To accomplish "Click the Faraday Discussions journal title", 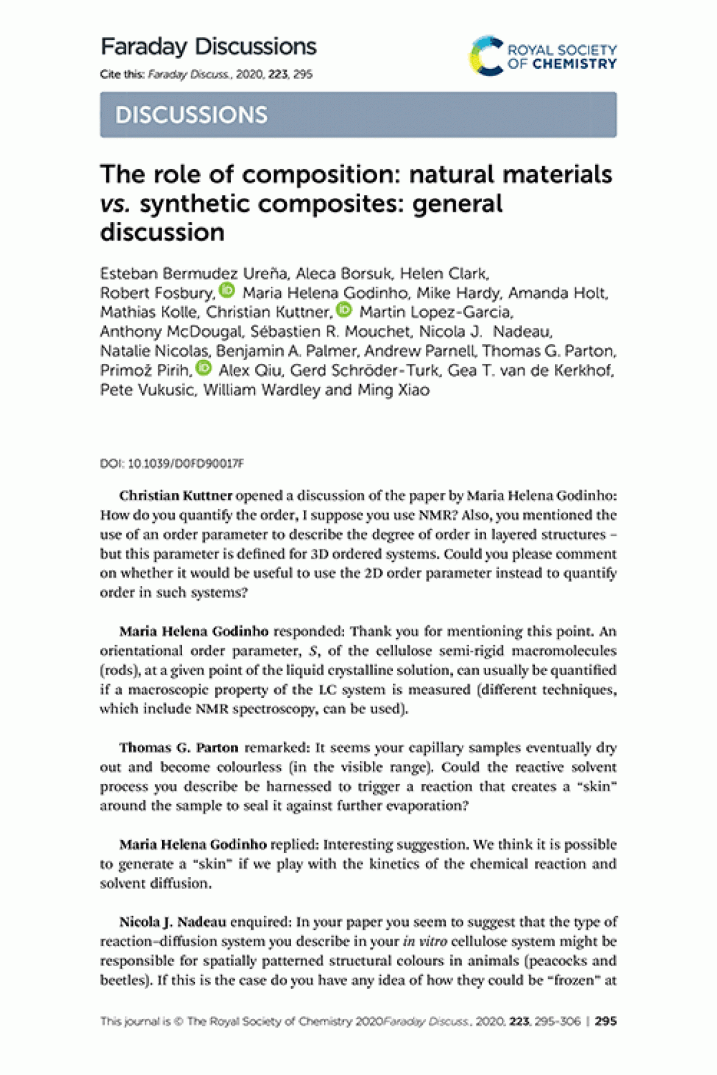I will (208, 47).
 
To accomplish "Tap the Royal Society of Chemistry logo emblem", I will (486, 56).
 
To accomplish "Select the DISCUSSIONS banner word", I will (191, 115).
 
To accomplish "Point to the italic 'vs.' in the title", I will (115, 204).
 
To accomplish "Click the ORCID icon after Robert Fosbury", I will (227, 290).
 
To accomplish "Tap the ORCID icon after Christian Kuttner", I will (344, 310).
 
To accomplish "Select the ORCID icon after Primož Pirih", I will (203, 368).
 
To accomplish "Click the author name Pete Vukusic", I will (147, 390).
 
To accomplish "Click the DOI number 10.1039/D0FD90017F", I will (186, 464).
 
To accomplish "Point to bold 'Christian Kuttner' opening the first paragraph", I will (175, 495).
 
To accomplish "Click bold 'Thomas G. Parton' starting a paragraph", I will (178, 748).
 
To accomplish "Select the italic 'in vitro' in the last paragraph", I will (425, 942).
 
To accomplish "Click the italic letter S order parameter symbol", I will (313, 651).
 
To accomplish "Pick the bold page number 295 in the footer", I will (606, 1021).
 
